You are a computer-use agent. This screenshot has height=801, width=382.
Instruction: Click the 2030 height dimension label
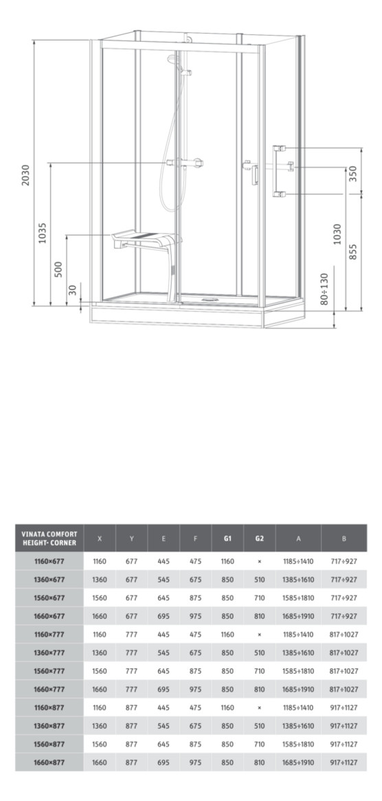click(25, 175)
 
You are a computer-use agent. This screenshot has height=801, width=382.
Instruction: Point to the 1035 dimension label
click(43, 232)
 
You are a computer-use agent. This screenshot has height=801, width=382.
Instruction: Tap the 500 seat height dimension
click(59, 269)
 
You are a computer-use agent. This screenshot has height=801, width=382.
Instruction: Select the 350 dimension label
click(353, 172)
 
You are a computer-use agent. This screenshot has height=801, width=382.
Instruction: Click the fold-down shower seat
click(146, 240)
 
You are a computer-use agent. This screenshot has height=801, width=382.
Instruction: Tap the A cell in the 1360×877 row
click(298, 725)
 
